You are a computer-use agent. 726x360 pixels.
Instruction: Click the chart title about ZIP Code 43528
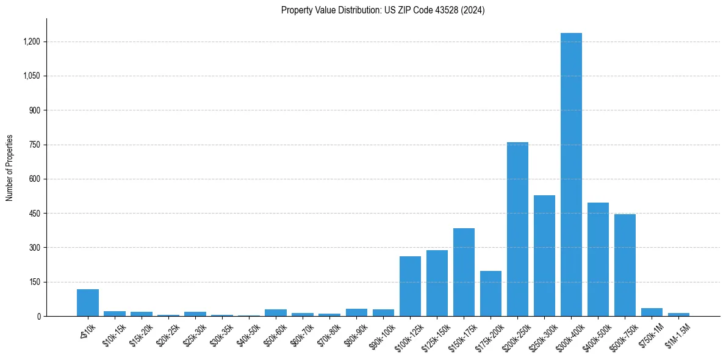(383, 10)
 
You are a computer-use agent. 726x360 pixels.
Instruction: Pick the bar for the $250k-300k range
(544, 256)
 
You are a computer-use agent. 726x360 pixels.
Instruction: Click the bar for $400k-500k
(598, 259)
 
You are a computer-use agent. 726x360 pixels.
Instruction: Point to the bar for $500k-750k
(625, 265)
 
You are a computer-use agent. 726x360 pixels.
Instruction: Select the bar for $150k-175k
(464, 272)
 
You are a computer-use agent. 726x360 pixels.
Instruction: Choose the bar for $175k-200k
(491, 293)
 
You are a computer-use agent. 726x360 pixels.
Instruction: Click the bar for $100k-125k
(410, 286)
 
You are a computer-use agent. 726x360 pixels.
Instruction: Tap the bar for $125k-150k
(437, 283)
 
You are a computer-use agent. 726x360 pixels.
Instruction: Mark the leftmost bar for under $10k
(88, 303)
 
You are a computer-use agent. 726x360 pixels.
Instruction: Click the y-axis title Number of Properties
(10, 168)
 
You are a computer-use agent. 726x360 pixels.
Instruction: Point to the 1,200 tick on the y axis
(31, 41)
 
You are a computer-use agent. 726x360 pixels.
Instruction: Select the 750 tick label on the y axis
(34, 145)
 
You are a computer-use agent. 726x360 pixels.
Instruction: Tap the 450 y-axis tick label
(34, 214)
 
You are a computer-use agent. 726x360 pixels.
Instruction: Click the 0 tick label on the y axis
(38, 316)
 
